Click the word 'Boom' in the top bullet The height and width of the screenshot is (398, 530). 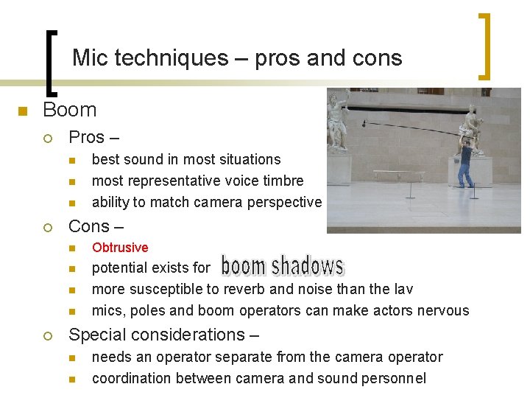(70, 111)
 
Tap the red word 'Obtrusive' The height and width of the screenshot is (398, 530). (120, 248)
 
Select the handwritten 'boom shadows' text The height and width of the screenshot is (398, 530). (283, 266)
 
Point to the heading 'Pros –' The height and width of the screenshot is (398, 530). (93, 137)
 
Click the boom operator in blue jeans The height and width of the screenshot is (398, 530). (466, 164)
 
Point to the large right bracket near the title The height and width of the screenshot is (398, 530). (485, 46)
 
